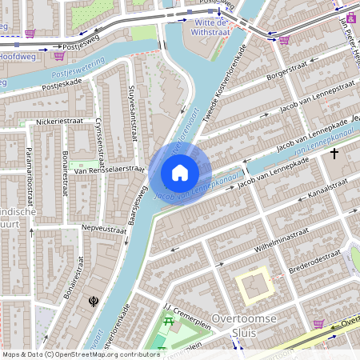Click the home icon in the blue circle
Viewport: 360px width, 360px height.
(180, 173)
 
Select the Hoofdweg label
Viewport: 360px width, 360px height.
(16, 57)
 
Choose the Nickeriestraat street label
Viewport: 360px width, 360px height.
(59, 122)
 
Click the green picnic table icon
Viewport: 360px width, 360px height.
(169, 322)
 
